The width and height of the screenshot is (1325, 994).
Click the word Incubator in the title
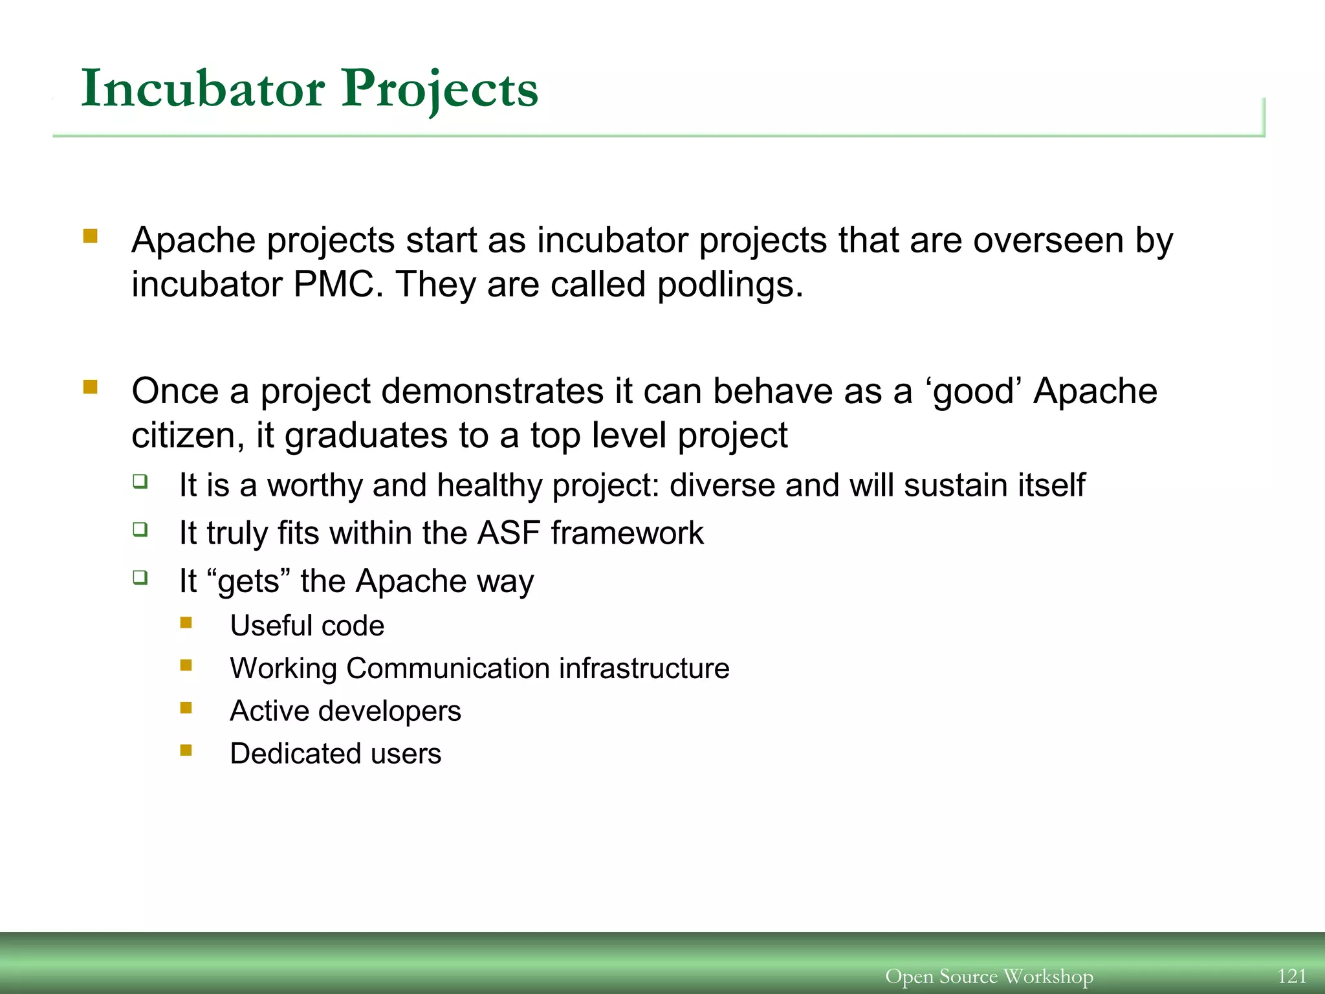(x=203, y=89)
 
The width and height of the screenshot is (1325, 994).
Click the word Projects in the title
(x=440, y=89)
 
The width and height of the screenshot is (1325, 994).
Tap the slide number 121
(x=1291, y=975)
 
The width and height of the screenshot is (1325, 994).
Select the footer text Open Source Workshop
(x=989, y=976)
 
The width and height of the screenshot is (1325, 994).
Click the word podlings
(x=730, y=285)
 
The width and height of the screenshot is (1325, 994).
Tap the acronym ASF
(x=508, y=533)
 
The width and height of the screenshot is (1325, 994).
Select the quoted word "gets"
(x=249, y=580)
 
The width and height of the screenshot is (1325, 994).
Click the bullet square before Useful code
(x=186, y=623)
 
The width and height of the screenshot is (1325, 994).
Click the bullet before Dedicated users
(x=186, y=751)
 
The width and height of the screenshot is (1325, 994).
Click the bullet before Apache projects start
(x=91, y=236)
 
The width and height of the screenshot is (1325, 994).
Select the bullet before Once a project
(x=91, y=388)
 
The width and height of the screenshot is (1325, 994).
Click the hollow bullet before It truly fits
(x=140, y=530)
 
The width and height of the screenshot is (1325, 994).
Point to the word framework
(x=627, y=533)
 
